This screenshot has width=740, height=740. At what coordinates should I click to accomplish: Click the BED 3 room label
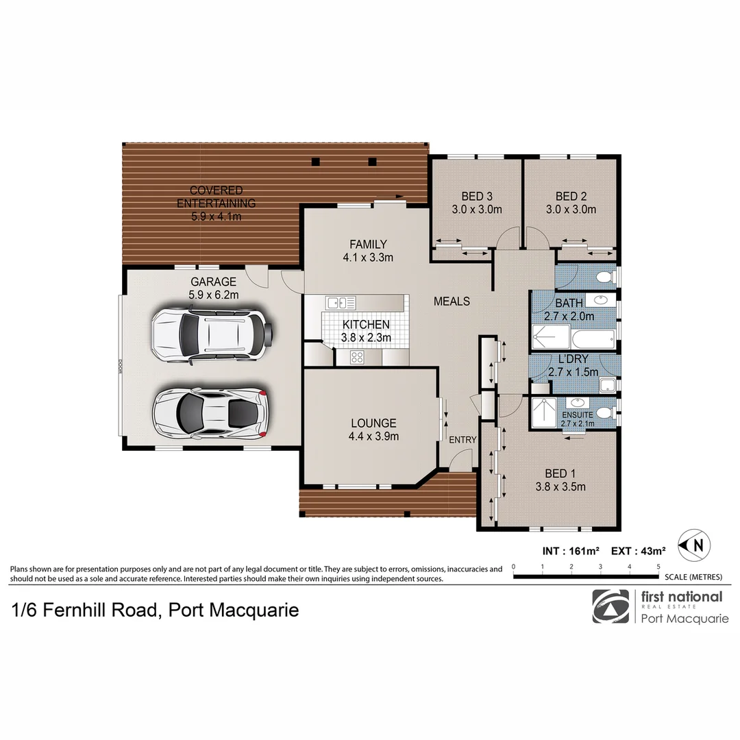click(477, 203)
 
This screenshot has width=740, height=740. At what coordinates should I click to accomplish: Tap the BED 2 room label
click(571, 203)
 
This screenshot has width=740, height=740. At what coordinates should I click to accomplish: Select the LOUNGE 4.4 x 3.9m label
click(373, 430)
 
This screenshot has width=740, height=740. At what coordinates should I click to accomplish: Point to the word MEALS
click(452, 301)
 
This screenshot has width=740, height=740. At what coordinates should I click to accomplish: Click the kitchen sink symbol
click(341, 303)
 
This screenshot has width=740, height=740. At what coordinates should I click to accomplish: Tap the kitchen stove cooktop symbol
click(357, 357)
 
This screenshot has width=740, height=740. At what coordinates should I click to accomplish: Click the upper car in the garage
click(212, 335)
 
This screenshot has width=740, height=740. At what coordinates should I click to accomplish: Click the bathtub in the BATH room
click(593, 339)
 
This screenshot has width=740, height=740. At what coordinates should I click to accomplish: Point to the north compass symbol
click(694, 545)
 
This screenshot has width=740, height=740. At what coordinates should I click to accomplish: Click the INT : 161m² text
click(571, 551)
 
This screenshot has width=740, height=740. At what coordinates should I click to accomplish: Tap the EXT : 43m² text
click(638, 551)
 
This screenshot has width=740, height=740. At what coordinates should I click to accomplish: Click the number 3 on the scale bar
click(600, 567)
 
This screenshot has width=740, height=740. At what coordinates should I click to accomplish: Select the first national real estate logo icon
click(610, 606)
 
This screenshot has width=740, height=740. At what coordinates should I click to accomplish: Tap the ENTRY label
click(463, 440)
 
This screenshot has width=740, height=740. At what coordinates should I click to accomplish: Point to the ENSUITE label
click(578, 415)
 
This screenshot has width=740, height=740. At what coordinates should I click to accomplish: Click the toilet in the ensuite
click(606, 413)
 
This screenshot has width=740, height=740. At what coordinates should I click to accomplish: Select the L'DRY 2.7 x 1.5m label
click(573, 365)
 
